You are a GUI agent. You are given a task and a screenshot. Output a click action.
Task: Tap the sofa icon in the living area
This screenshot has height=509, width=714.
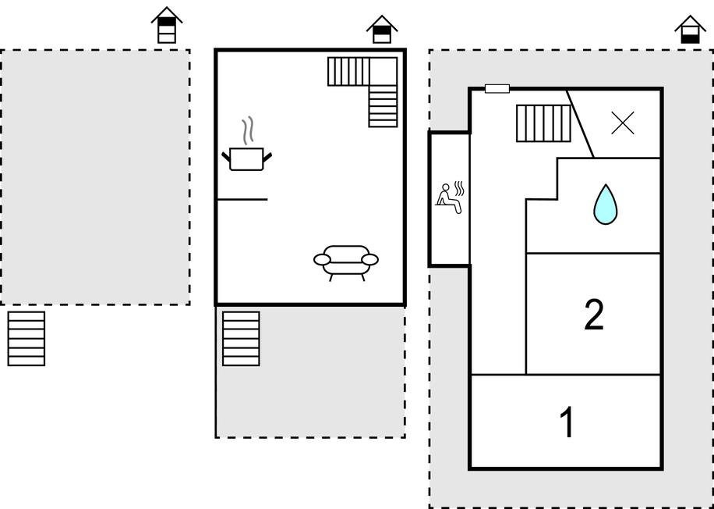pyautogui.click(x=346, y=261)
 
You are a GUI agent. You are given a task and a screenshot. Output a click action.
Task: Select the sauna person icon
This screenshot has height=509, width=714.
pyautogui.click(x=447, y=197)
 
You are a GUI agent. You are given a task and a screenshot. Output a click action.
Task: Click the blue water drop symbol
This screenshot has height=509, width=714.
pyautogui.click(x=605, y=204)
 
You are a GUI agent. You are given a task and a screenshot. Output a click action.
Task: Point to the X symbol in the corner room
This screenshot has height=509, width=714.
pyautogui.click(x=623, y=123)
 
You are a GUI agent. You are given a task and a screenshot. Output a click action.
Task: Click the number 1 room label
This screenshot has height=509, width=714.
pyautogui.click(x=567, y=422)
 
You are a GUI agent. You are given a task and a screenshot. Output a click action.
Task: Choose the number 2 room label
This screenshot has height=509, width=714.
pyautogui.click(x=594, y=315)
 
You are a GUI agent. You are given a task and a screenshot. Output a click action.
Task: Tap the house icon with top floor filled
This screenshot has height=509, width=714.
pyautogui.click(x=166, y=26)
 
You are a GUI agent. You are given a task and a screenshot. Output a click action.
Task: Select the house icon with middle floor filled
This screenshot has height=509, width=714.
pyautogui.click(x=382, y=30)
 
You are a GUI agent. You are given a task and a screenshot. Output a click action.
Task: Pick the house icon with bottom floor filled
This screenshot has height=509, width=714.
pyautogui.click(x=689, y=31)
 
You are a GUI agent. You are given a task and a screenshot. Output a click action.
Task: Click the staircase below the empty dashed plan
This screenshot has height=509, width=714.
pyautogui.click(x=27, y=338)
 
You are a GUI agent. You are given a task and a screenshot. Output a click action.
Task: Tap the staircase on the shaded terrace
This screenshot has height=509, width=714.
pyautogui.click(x=241, y=338)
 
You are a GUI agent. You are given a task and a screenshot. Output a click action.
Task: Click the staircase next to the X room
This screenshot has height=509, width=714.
pyautogui.click(x=543, y=123)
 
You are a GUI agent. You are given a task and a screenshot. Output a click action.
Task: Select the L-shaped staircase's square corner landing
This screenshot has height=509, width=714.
pyautogui.click(x=383, y=71)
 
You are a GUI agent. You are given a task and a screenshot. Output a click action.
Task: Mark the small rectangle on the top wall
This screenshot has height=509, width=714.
pyautogui.click(x=497, y=89)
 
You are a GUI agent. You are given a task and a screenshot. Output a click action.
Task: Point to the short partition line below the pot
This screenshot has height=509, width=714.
pyautogui.click(x=242, y=200)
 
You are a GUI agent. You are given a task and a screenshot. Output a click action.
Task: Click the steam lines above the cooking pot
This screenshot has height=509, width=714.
pyautogui.click(x=249, y=131)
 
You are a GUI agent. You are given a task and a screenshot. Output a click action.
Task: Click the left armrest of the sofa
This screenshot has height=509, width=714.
pyautogui.click(x=322, y=259)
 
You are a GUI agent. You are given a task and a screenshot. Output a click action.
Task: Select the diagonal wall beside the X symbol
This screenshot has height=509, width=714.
pyautogui.click(x=581, y=123)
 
